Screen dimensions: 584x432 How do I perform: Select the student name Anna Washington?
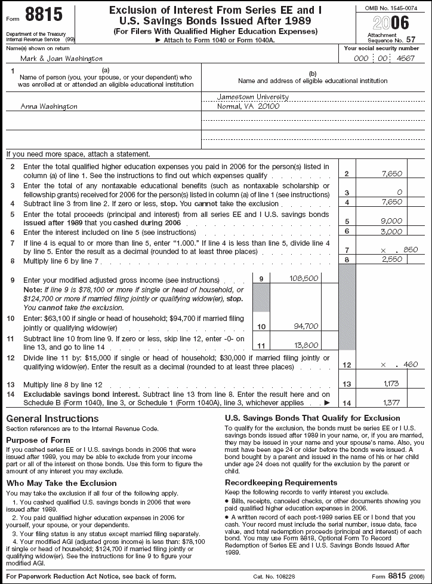point(49,106)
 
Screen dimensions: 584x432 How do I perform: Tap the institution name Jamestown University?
point(254,97)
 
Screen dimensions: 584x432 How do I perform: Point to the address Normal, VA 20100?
point(249,106)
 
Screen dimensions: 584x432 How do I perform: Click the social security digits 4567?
point(405,59)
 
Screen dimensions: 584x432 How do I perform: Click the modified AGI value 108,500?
point(304,278)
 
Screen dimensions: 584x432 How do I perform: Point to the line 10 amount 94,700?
point(307,326)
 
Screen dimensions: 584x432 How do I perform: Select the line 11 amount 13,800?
point(307,345)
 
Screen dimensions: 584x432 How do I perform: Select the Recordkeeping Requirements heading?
point(280,482)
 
